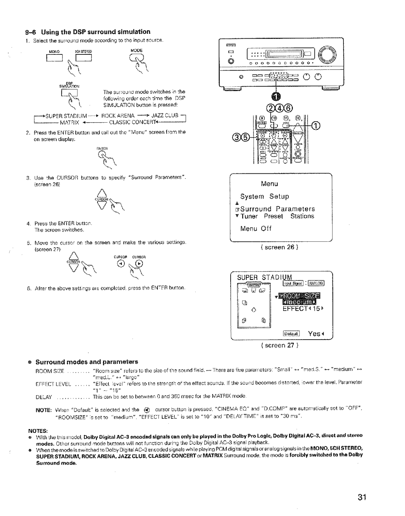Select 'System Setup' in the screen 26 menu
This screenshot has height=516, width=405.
(265, 196)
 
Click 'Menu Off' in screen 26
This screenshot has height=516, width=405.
(256, 229)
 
